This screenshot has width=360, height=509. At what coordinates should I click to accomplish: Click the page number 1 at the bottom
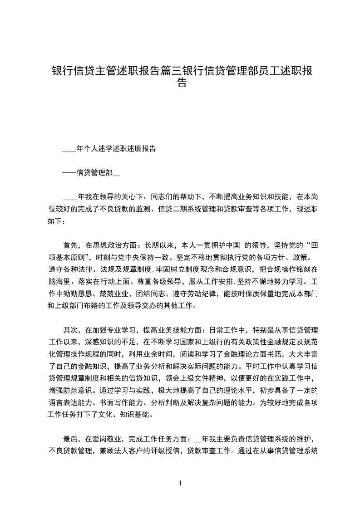180,483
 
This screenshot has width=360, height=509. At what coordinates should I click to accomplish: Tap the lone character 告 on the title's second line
181,83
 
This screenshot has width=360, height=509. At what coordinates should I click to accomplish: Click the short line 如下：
57,221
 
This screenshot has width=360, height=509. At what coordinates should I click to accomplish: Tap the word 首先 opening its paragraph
71,245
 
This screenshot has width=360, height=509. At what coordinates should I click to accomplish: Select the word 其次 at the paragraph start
71,329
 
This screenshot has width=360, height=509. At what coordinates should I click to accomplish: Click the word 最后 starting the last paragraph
71,439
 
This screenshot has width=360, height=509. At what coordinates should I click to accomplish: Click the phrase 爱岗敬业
103,439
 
